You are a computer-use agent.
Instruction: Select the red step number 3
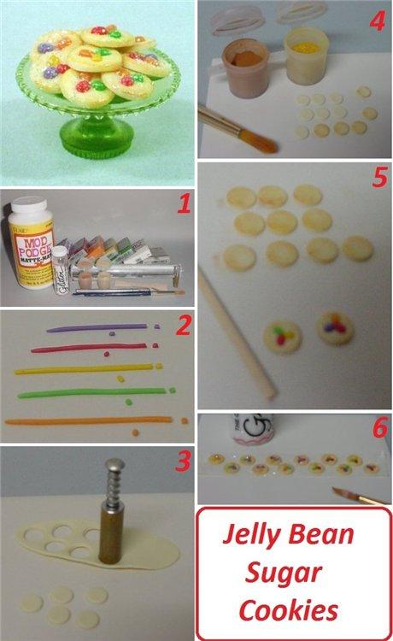pyautogui.click(x=182, y=462)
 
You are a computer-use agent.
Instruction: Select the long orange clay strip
pyautogui.click(x=85, y=421)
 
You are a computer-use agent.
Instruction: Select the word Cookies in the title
pyautogui.click(x=289, y=610)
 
